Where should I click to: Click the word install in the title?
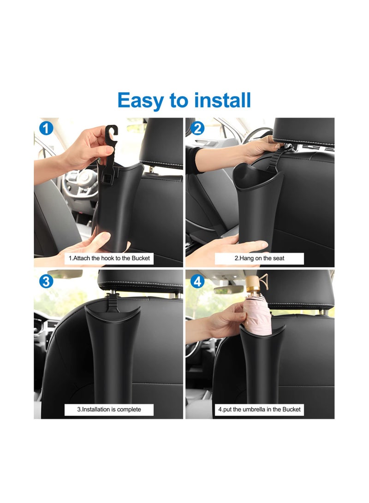[x=222, y=100]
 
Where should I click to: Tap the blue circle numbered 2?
[x=197, y=128]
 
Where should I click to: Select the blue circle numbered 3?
[x=45, y=281]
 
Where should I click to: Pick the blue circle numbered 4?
[x=197, y=281]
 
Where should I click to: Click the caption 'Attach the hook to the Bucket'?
[x=109, y=258]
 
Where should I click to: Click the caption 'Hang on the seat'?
[x=260, y=258]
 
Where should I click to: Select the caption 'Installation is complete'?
[x=109, y=409]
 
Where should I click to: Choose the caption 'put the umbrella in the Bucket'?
[x=260, y=409]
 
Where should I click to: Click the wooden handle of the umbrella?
[x=256, y=282]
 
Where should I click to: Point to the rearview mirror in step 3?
[x=65, y=274]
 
